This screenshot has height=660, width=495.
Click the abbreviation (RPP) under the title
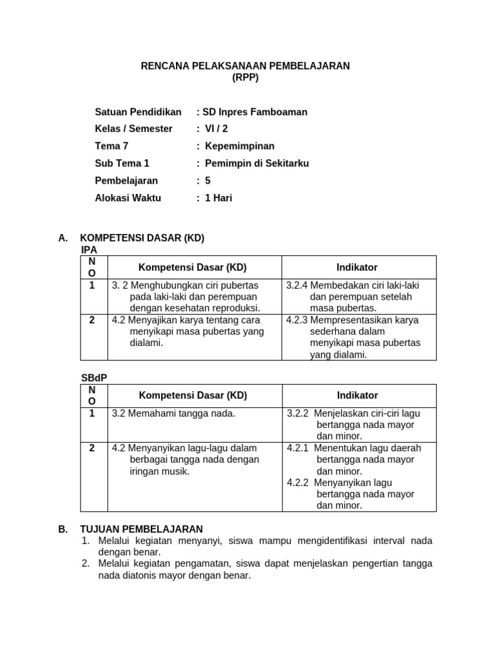[245, 77]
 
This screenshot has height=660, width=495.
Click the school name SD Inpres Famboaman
[255, 112]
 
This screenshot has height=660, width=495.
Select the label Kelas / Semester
[133, 129]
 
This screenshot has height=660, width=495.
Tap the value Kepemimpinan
[240, 146]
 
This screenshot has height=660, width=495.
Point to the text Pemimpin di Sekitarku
[257, 164]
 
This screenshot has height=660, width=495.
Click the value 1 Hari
[218, 198]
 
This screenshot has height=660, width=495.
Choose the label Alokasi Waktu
[128, 198]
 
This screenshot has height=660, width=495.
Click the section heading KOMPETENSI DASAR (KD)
[142, 238]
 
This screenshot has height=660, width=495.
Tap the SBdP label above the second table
[93, 378]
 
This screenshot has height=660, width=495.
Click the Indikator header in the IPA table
[357, 267]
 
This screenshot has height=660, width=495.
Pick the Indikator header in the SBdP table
[357, 396]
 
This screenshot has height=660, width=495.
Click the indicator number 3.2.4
[296, 285]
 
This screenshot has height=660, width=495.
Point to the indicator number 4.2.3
[296, 320]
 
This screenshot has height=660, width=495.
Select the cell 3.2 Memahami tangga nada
[173, 413]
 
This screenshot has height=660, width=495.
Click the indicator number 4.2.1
[298, 448]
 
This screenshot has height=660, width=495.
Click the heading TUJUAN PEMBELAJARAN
[141, 529]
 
